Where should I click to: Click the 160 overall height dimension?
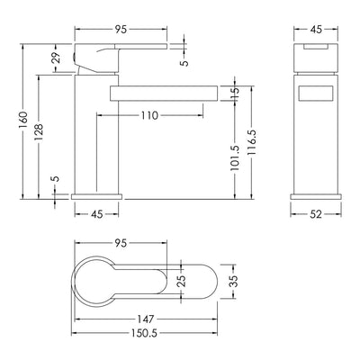[x=23, y=121]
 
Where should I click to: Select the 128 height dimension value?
[x=39, y=132]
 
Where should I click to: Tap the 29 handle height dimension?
[x=56, y=58]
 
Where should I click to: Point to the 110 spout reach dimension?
[x=149, y=115]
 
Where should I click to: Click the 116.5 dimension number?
[x=251, y=142]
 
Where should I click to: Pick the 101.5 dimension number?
[x=235, y=158]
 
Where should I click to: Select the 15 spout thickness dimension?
[x=235, y=94]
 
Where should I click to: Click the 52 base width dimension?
[x=316, y=214]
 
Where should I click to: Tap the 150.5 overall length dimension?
[x=144, y=333]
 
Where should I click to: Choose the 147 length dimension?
[x=146, y=319]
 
